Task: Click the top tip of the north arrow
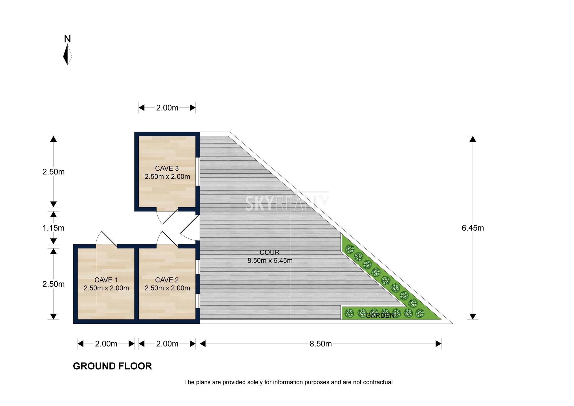pos(68,44)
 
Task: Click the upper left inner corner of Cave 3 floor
pos(139,136)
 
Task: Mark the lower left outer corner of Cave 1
pos(73,323)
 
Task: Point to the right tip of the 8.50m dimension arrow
pos(441,344)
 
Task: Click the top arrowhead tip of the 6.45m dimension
pos(473,136)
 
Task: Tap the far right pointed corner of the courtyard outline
pos(453,323)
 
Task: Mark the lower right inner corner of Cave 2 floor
pos(196,319)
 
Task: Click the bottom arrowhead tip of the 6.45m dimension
pos(473,319)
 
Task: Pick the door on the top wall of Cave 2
pos(167,239)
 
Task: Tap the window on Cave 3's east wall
pos(198,171)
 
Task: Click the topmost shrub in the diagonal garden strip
pos(350,249)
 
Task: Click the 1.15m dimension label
pos(54,228)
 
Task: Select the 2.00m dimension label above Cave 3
pos(167,108)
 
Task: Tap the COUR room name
pos(270,252)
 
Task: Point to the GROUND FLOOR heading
pos(112,366)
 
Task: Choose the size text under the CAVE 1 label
pos(106,288)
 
